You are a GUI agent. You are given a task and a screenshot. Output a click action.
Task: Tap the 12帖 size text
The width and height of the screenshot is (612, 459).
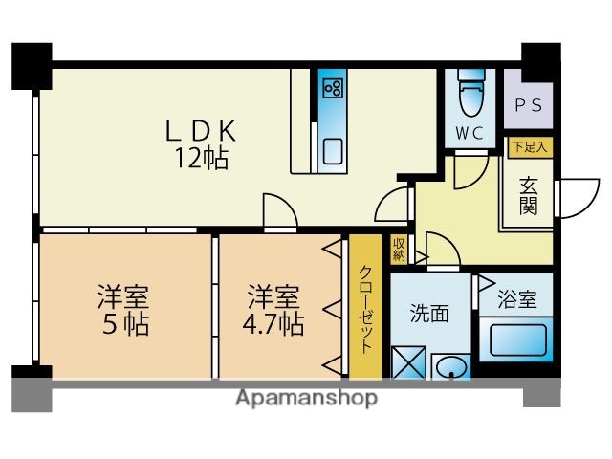click(x=201, y=158)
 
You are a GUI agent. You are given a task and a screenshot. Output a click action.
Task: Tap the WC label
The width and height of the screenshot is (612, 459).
click(x=468, y=131)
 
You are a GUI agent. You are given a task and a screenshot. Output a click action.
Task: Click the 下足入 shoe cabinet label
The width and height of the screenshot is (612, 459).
click(x=529, y=147)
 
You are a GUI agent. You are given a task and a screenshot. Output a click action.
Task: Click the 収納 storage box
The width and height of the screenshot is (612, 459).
click(x=398, y=250)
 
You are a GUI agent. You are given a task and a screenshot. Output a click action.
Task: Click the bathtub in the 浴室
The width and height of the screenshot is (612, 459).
click(x=516, y=341)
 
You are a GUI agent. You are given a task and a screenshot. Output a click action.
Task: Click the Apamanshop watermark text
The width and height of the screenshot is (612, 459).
click(x=306, y=397)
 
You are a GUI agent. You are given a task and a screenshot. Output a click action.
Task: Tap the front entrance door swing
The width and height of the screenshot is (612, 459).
click(x=572, y=196)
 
